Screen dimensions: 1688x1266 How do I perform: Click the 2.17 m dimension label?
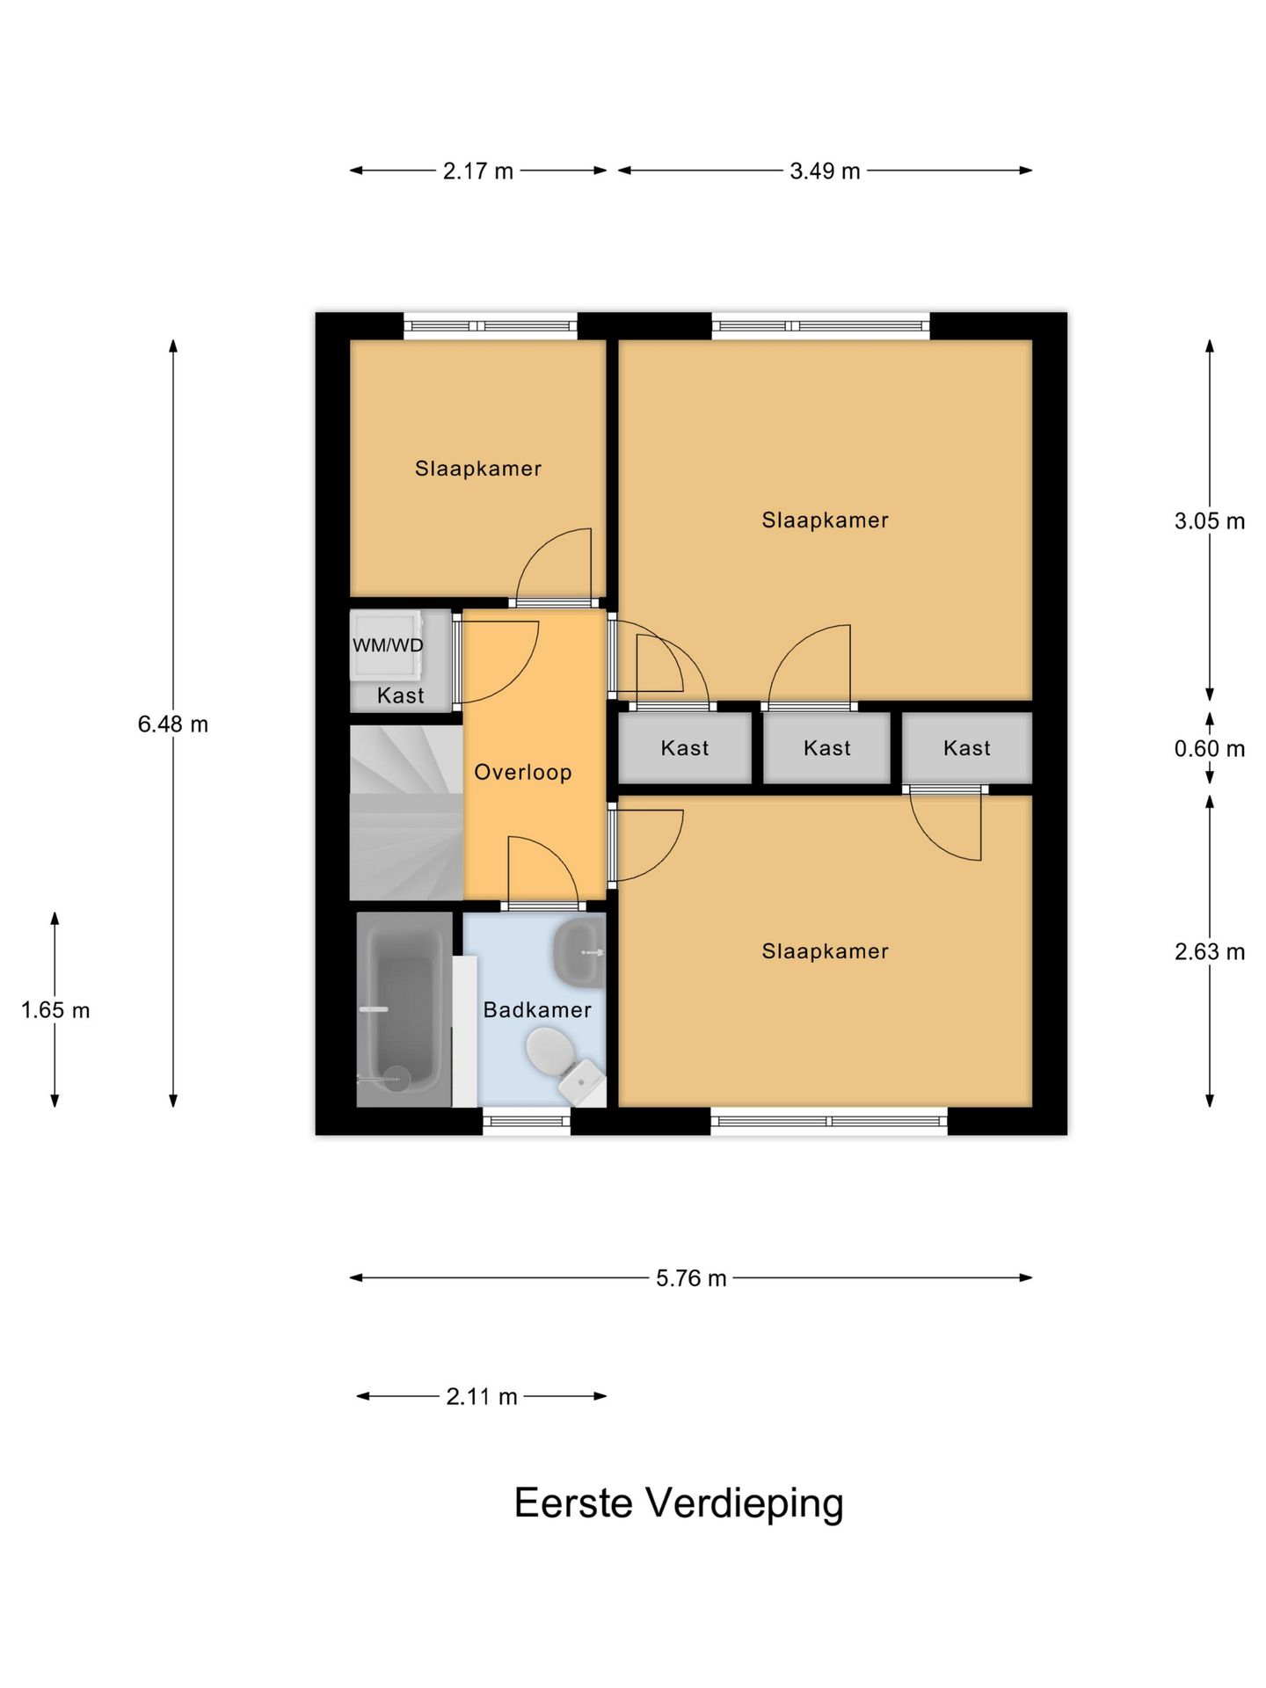477,171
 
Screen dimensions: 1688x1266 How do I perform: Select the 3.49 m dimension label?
824,171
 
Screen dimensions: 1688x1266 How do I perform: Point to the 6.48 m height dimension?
173,724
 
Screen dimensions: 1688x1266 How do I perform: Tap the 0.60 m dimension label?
1209,748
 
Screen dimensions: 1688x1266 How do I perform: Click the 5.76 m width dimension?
691,1277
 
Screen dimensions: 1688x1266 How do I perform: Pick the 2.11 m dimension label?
481,1396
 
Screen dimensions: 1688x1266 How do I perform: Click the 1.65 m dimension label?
55,1009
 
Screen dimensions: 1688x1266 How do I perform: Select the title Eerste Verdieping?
678,1502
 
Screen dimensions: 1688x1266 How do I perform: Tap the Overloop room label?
522,772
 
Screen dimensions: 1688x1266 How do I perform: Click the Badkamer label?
537,1009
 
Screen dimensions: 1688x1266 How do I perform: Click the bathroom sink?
578,952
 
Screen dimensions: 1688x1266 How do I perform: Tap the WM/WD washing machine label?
388,645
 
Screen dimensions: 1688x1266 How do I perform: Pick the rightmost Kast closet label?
966,748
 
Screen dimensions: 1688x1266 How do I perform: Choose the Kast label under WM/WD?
400,695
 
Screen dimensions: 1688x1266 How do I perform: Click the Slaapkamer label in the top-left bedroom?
477,468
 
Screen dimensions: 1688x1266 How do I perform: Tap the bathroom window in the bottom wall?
526,1120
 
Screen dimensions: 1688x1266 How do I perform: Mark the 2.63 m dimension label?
1209,951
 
